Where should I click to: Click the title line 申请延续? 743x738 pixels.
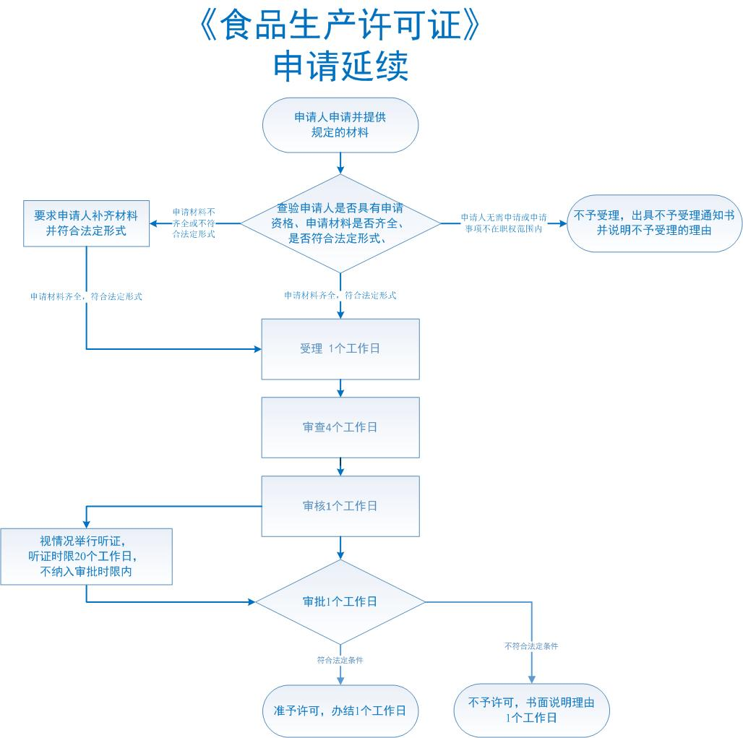coord(340,66)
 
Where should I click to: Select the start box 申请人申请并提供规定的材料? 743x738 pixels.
coord(340,125)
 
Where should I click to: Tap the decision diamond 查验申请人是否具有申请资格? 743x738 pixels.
coord(340,223)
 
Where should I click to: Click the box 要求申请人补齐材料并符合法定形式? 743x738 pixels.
coord(86,223)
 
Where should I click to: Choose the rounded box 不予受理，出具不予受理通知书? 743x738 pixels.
coord(654,223)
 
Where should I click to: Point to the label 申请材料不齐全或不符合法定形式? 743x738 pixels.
coord(194,223)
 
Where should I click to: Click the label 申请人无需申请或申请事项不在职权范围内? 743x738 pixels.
coord(504,223)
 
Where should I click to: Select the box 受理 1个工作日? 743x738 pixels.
coord(340,349)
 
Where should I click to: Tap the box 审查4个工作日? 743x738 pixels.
coord(340,427)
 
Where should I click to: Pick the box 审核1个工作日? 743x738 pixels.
coord(340,506)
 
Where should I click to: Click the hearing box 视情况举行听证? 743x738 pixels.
coord(86,557)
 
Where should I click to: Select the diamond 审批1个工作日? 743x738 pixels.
coord(340,602)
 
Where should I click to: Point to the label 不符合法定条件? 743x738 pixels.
coord(531,646)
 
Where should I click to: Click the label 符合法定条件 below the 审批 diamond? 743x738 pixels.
coord(340,660)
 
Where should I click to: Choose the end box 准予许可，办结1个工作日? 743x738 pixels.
coord(340,711)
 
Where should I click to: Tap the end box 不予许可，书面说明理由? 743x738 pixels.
coord(532,710)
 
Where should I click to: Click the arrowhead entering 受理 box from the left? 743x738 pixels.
coord(258,349)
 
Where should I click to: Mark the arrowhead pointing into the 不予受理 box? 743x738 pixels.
coord(564,223)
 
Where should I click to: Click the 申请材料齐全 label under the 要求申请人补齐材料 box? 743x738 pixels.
coord(86,296)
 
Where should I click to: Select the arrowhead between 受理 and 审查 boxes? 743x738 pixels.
coord(340,393)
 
